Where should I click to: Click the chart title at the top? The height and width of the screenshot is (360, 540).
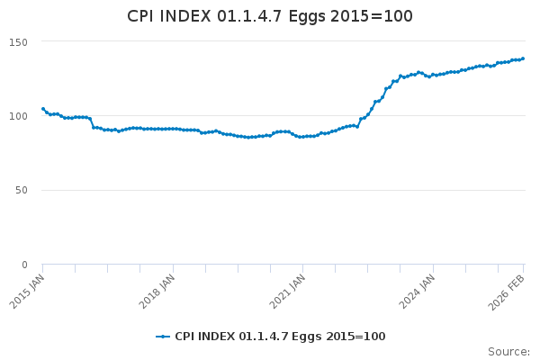pyautogui.click(x=270, y=16)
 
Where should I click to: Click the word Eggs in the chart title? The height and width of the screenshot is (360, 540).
pyautogui.click(x=307, y=17)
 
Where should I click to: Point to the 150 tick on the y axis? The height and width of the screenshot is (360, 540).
pyautogui.click(x=18, y=42)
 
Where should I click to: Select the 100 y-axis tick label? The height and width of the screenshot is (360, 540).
pyautogui.click(x=18, y=116)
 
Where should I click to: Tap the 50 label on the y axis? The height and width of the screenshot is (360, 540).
pyautogui.click(x=22, y=190)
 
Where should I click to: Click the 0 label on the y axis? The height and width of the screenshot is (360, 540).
pyautogui.click(x=24, y=265)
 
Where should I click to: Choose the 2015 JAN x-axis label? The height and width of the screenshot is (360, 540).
pyautogui.click(x=27, y=292)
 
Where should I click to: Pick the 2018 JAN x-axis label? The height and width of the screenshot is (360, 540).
pyautogui.click(x=157, y=292)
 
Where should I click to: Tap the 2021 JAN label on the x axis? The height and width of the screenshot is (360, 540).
pyautogui.click(x=287, y=292)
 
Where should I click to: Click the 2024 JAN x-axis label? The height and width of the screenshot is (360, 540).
pyautogui.click(x=417, y=292)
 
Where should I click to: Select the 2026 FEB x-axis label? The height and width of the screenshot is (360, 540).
pyautogui.click(x=506, y=292)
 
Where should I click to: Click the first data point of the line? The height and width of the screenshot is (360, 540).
pyautogui.click(x=43, y=109)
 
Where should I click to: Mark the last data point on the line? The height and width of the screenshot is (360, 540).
pyautogui.click(x=523, y=58)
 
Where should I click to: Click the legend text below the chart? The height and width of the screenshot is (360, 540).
pyautogui.click(x=280, y=337)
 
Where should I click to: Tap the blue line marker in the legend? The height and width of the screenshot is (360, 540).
pyautogui.click(x=163, y=337)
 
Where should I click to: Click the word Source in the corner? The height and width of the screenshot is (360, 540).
pyautogui.click(x=508, y=351)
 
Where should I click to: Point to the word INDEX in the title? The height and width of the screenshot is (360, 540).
pyautogui.click(x=184, y=16)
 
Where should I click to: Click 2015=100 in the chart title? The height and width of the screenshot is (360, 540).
pyautogui.click(x=371, y=16)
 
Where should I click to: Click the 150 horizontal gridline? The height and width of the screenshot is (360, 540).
pyautogui.click(x=283, y=41)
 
